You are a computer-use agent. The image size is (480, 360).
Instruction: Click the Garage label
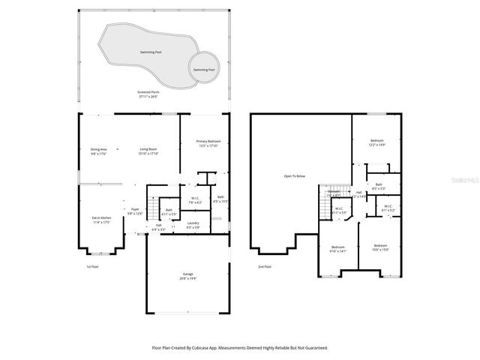(187, 274)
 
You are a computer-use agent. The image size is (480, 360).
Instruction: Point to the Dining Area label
(99, 149)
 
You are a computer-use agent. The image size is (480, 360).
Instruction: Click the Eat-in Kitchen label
(100, 218)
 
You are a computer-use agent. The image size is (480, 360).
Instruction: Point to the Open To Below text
(294, 176)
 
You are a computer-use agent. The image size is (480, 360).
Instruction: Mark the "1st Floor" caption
(91, 266)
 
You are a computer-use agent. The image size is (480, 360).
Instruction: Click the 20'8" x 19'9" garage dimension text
(187, 278)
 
